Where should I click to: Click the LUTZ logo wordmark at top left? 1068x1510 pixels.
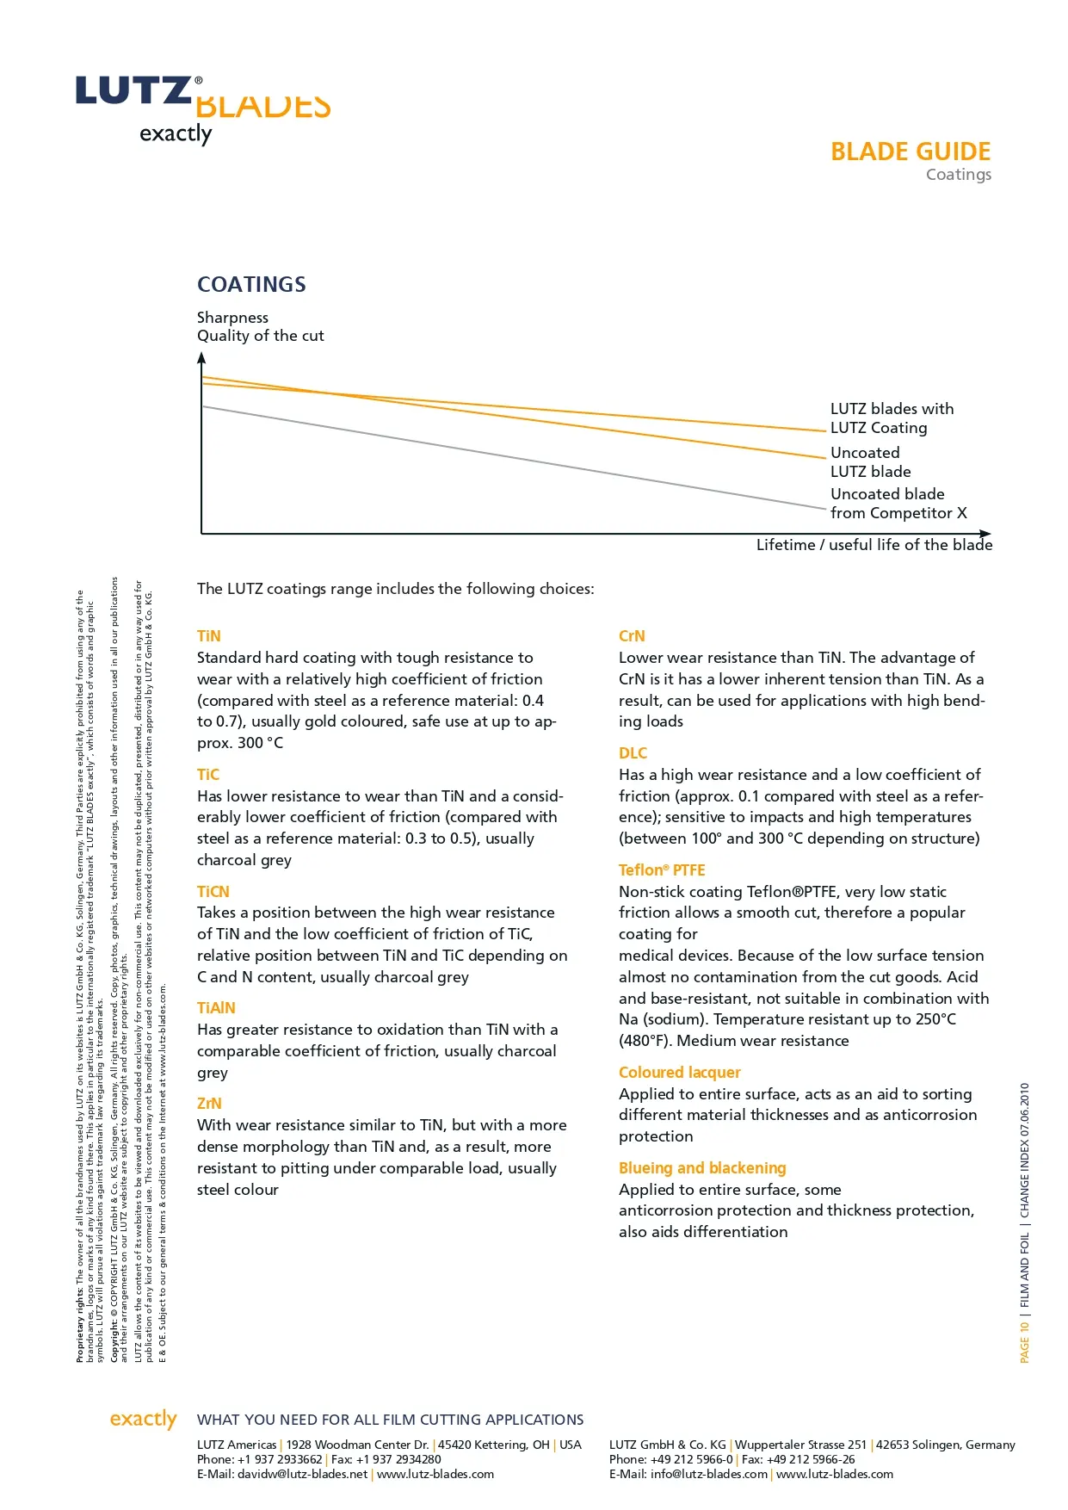click(133, 90)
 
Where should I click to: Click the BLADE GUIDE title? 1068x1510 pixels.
click(910, 152)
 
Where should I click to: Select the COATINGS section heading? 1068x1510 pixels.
click(251, 284)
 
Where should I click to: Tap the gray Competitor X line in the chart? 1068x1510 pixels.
click(516, 458)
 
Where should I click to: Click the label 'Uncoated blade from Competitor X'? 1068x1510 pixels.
click(898, 504)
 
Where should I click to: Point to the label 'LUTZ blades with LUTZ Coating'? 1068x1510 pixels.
click(892, 418)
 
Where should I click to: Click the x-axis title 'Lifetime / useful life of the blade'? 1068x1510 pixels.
click(874, 545)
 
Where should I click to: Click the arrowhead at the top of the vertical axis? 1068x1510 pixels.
click(201, 359)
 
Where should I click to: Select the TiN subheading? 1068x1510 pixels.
click(209, 636)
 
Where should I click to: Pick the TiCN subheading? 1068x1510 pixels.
click(213, 892)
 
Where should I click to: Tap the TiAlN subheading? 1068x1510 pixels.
click(216, 1008)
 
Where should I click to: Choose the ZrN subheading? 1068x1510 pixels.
click(209, 1104)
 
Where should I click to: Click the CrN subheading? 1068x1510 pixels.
click(632, 636)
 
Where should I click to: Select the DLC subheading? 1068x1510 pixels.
click(633, 753)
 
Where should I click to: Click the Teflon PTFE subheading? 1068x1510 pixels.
click(662, 870)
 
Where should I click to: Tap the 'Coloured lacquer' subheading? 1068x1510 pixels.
click(679, 1073)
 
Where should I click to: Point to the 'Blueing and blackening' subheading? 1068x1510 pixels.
click(702, 1168)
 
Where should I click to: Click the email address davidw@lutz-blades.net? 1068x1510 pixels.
click(302, 1474)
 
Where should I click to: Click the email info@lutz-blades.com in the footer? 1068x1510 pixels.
click(708, 1474)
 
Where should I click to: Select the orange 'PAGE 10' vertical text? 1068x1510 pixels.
click(1024, 1342)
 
